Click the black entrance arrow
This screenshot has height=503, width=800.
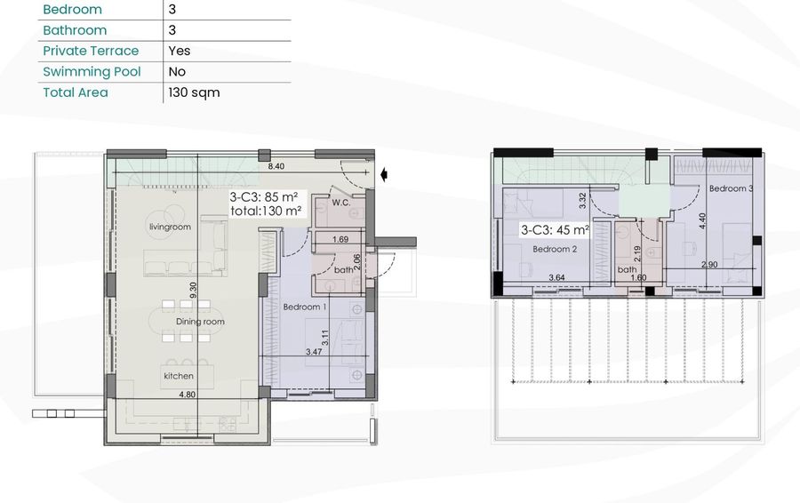(384, 175)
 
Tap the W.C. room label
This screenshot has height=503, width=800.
(340, 203)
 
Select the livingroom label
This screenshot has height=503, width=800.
(170, 227)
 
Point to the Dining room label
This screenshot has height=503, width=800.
(200, 322)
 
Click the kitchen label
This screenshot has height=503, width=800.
(179, 376)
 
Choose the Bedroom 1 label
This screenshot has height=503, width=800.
(305, 307)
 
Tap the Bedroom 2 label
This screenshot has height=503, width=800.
(555, 249)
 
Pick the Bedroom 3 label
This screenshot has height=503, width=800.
(731, 188)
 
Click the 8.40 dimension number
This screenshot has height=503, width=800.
(276, 166)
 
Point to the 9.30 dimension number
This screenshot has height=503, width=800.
(193, 291)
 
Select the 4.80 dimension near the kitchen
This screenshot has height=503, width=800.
(188, 395)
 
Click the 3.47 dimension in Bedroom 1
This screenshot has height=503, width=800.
(314, 352)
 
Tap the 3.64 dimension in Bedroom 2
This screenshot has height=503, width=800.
(556, 277)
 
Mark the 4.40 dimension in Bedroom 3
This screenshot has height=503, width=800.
(702, 221)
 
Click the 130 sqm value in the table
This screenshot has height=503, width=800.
(194, 92)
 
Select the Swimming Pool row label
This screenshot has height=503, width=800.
(92, 71)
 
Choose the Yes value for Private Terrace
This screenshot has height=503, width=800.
(180, 51)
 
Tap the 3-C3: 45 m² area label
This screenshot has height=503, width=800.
(555, 230)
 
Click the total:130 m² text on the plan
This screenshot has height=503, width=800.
(266, 211)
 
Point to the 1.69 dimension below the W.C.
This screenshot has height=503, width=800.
(340, 239)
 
